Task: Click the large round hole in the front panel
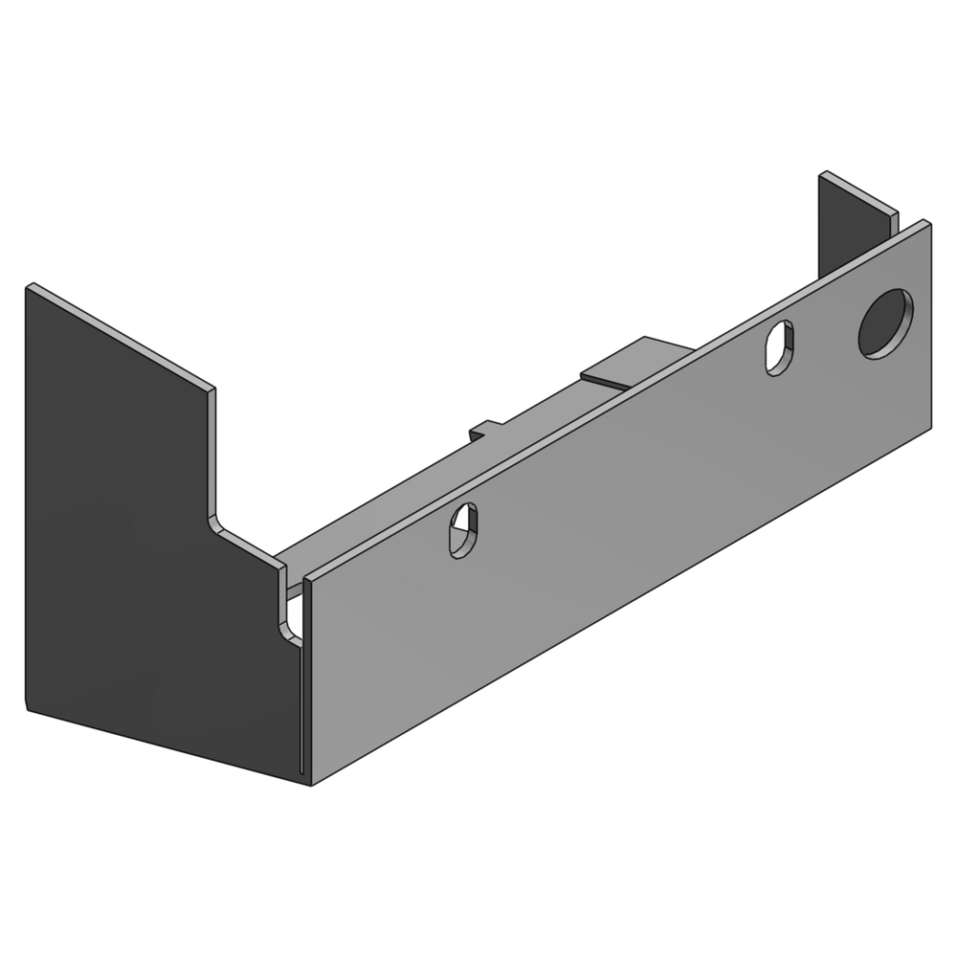pyautogui.click(x=885, y=323)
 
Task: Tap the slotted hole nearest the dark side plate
pyautogui.click(x=463, y=530)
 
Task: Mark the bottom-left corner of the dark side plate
pyautogui.click(x=25, y=710)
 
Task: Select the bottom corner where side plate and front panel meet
pyautogui.click(x=308, y=783)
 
